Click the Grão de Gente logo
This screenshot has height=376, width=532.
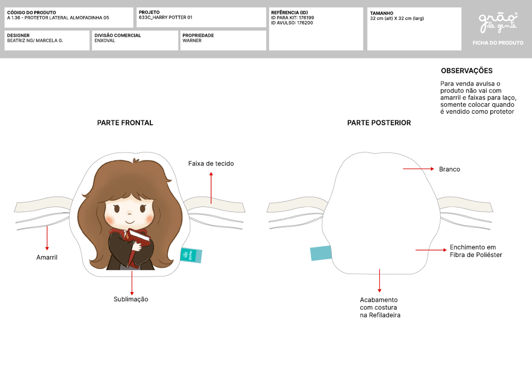(x=498, y=23)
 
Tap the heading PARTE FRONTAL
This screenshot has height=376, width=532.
(x=125, y=123)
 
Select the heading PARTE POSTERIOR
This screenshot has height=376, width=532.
(x=379, y=123)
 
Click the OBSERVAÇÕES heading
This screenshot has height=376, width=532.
(x=467, y=70)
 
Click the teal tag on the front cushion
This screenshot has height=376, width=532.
(x=191, y=255)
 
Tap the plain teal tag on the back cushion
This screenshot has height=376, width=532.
(x=321, y=253)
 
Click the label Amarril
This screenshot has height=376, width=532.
(x=47, y=258)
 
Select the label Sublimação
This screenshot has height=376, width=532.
(x=131, y=299)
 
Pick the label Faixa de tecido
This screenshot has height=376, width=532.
(x=211, y=164)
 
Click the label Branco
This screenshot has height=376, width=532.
(x=450, y=169)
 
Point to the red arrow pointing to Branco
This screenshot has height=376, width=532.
(x=418, y=168)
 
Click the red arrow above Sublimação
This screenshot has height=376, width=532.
(x=132, y=282)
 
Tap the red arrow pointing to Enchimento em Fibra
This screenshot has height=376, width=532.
(x=431, y=250)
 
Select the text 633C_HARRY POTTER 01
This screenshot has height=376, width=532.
(x=165, y=17)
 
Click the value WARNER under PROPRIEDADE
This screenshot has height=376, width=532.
(x=192, y=40)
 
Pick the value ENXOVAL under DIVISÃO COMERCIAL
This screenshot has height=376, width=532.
(x=105, y=40)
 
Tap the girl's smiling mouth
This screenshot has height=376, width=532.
(x=130, y=222)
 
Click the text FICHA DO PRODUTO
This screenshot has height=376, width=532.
(x=498, y=43)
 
